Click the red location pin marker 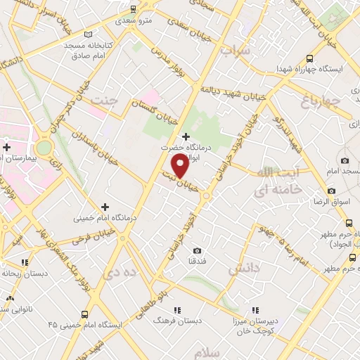181,166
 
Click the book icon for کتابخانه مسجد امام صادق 87,34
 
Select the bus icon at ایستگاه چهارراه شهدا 310,59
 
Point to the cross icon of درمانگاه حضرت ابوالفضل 186,136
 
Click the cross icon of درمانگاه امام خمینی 105,207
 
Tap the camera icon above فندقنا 197,251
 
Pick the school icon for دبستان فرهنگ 177,309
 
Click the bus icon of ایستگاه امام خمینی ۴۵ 84,314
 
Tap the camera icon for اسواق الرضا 331,191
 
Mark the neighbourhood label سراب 235,51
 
